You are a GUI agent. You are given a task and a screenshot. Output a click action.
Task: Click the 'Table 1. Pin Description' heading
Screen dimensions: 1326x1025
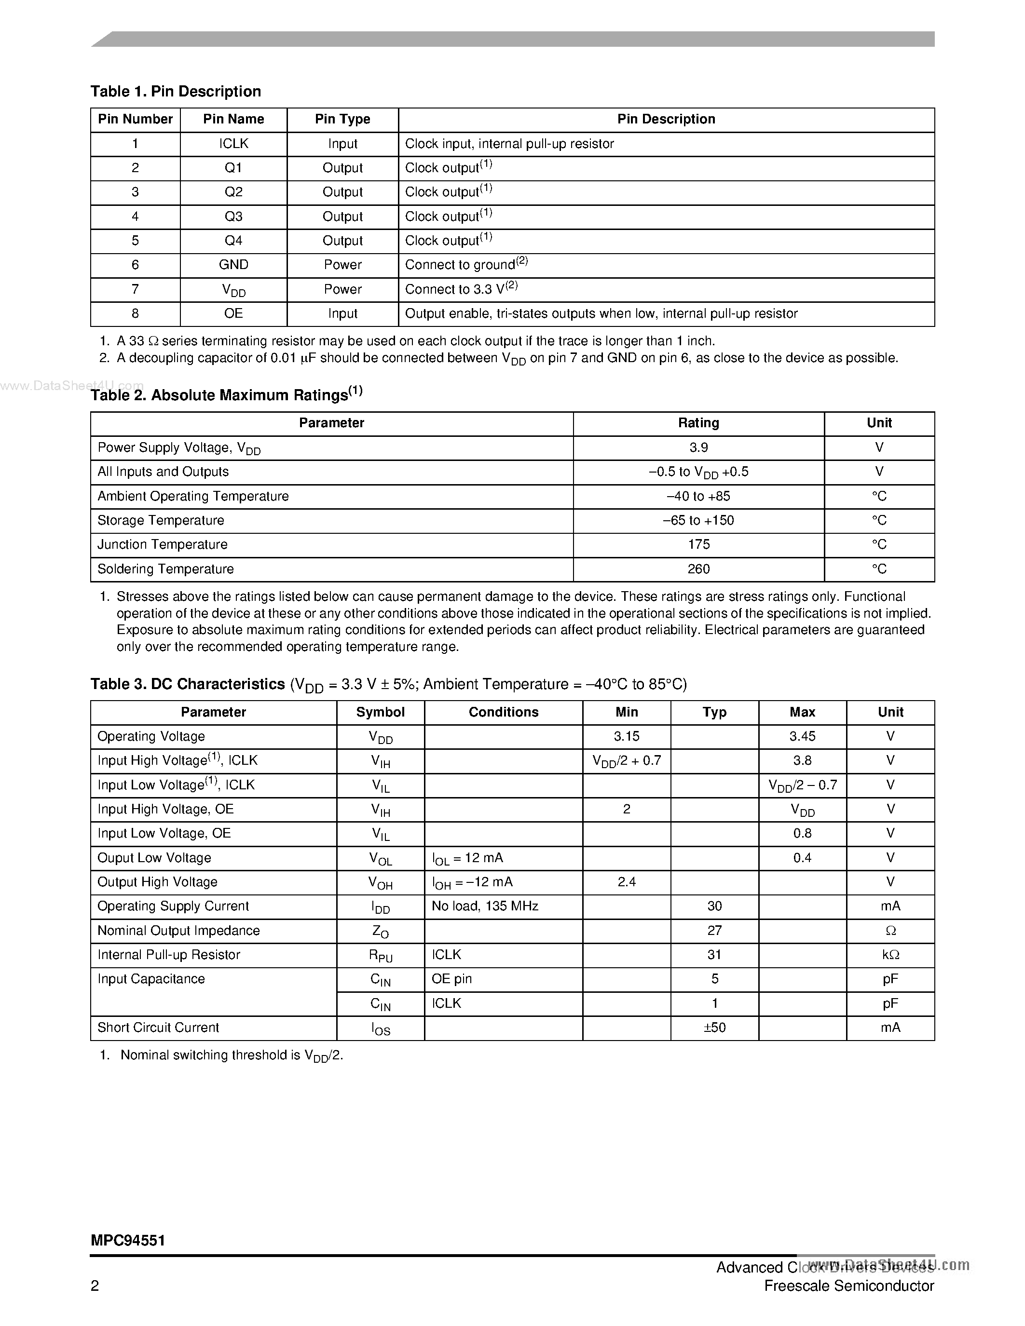click(x=176, y=92)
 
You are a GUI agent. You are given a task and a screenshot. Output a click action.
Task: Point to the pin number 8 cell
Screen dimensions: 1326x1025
click(x=135, y=313)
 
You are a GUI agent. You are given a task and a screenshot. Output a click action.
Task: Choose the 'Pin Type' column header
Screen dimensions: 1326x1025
click(x=342, y=119)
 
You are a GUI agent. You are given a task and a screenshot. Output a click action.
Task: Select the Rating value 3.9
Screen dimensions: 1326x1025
click(x=698, y=447)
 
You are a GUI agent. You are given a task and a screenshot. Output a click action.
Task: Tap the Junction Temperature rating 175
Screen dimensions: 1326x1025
click(x=698, y=544)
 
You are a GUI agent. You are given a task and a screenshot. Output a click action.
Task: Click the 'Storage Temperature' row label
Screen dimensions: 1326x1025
click(x=161, y=520)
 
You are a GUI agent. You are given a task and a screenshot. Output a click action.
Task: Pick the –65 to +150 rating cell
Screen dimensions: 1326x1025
click(x=698, y=520)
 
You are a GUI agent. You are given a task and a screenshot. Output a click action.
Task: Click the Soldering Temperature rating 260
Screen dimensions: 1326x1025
click(x=698, y=569)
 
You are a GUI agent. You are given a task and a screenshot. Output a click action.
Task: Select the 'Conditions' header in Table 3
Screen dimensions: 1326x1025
click(x=504, y=712)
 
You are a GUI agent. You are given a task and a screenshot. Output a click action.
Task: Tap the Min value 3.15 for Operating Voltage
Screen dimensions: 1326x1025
click(x=627, y=736)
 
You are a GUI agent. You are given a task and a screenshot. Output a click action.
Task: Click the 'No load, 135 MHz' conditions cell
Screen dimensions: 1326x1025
click(x=485, y=906)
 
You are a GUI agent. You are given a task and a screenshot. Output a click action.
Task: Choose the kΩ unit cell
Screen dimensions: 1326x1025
click(x=890, y=954)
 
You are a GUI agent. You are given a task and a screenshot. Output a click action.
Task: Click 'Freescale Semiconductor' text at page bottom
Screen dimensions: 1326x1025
click(x=849, y=1286)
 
